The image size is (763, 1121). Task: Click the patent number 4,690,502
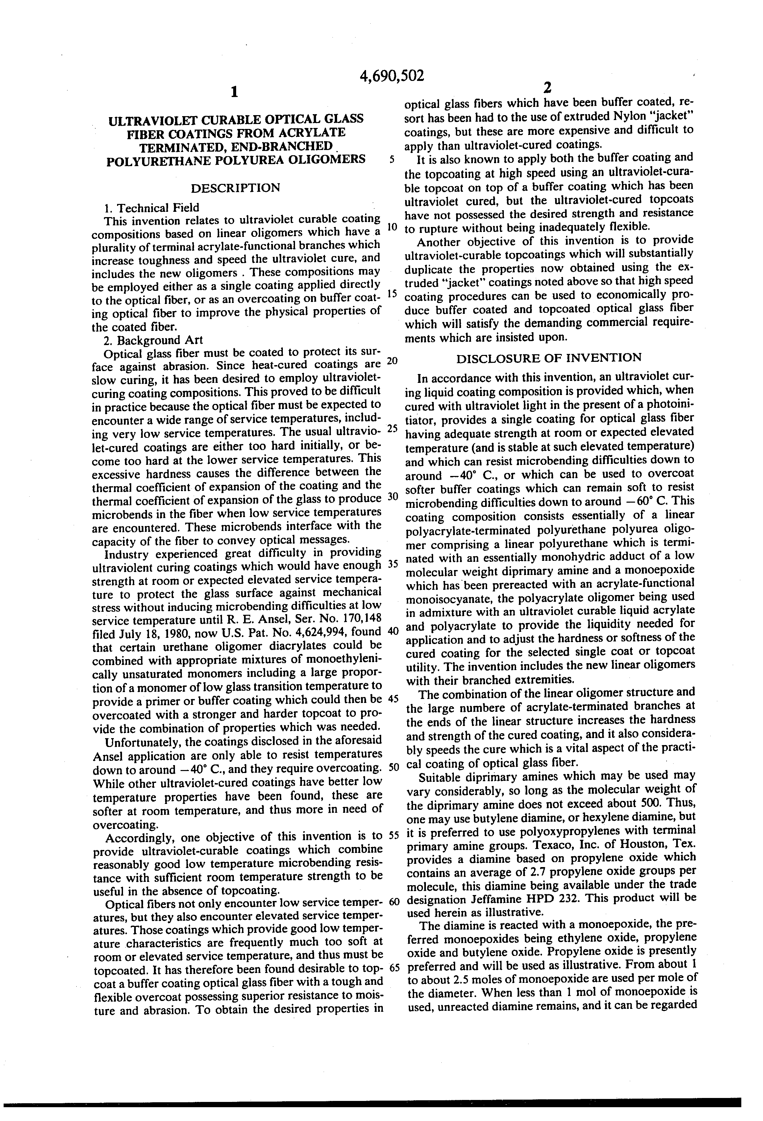point(392,76)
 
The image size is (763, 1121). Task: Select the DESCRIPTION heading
point(235,187)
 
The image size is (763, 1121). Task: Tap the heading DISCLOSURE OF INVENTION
point(549,358)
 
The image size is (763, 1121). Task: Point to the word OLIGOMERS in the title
point(325,160)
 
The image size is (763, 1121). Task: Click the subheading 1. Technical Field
point(151,208)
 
